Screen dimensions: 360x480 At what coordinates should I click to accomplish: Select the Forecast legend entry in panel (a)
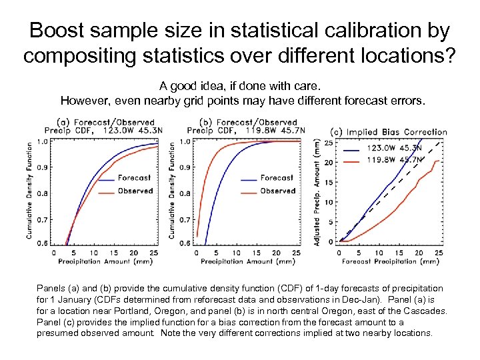pos(134,178)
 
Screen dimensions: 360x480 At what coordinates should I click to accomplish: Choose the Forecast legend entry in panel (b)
pos(276,178)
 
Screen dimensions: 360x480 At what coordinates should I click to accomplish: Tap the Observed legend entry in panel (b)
pos(277,191)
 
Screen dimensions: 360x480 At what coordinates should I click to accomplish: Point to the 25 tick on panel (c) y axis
pos(327,143)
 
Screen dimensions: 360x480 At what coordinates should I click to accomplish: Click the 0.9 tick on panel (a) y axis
pos(42,167)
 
